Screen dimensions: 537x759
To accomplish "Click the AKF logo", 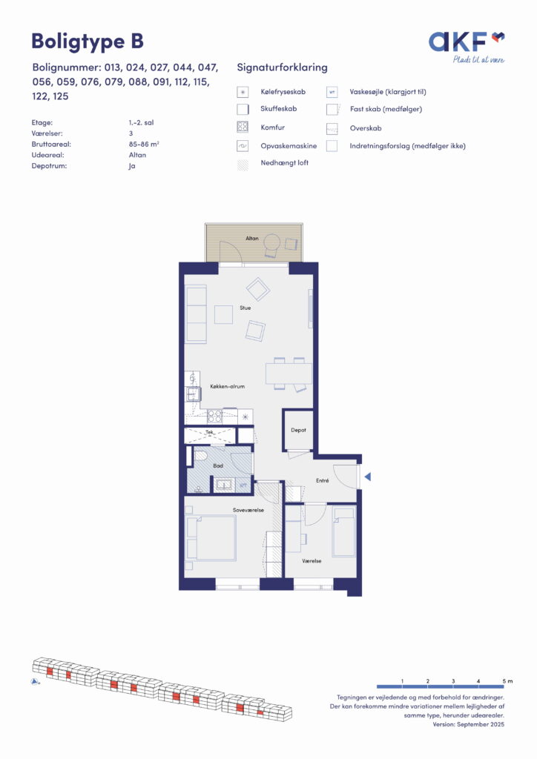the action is coord(467,47).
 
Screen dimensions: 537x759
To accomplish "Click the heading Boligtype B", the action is coord(88,42).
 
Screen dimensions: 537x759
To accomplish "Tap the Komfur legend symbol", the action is coord(243,127).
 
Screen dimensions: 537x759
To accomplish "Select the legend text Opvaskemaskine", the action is coord(289,146).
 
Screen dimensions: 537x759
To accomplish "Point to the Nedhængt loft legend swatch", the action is coord(243,164).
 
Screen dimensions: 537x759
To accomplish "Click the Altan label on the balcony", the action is coord(251,238).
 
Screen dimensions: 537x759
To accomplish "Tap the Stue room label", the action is coord(245,308).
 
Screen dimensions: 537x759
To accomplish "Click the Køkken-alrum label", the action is coord(227,386).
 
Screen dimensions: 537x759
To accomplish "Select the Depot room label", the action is coord(298,430).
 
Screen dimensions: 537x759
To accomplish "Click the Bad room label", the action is coord(218,465).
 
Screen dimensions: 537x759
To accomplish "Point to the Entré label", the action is coord(322,480).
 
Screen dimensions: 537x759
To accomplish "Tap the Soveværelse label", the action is coord(248,510).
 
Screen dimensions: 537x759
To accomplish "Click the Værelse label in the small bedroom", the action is coord(312,561).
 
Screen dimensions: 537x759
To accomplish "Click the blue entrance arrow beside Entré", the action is coord(368,477).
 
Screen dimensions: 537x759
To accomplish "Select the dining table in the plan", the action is coord(289,374).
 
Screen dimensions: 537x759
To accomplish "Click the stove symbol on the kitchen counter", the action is coord(214,416).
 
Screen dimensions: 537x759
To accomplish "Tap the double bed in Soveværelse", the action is coord(211,537).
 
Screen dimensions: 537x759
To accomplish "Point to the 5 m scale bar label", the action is coord(507,681).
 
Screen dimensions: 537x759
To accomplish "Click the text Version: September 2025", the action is coord(468,724).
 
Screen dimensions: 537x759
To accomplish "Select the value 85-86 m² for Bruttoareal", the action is coord(144,145).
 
